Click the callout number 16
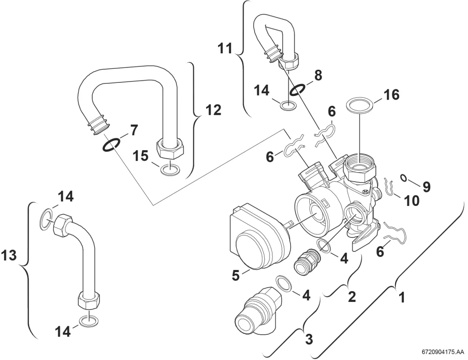coord(391,95)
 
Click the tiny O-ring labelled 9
coord(403,178)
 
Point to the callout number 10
coord(411,201)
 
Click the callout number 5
coord(236,275)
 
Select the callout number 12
coord(213,110)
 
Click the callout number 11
coord(225,49)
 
